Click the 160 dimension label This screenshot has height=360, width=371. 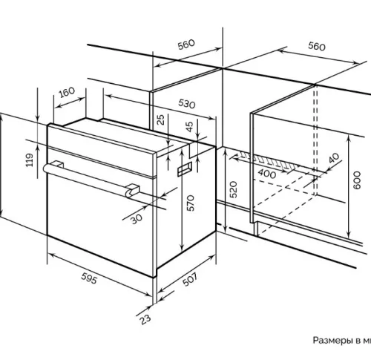(x=67, y=92)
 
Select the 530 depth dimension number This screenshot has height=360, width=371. (x=187, y=104)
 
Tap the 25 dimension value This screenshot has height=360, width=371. (x=161, y=120)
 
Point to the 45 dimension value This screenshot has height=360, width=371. (x=189, y=127)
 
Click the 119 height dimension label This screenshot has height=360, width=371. (x=30, y=160)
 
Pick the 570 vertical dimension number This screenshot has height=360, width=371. (x=191, y=203)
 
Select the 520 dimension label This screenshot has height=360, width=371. (x=234, y=189)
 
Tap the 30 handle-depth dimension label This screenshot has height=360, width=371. (x=137, y=218)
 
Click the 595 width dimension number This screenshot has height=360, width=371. (x=89, y=278)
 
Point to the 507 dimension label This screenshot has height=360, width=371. (x=190, y=279)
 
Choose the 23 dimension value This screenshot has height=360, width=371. (x=145, y=319)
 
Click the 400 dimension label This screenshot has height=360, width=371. (x=267, y=174)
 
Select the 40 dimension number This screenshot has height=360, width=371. (x=334, y=158)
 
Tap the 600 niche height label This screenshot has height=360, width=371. (x=357, y=180)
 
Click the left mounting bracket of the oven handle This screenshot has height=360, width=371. (x=58, y=164)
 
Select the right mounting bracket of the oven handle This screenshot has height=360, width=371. (x=133, y=190)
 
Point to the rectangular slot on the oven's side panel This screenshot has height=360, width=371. (x=185, y=169)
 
